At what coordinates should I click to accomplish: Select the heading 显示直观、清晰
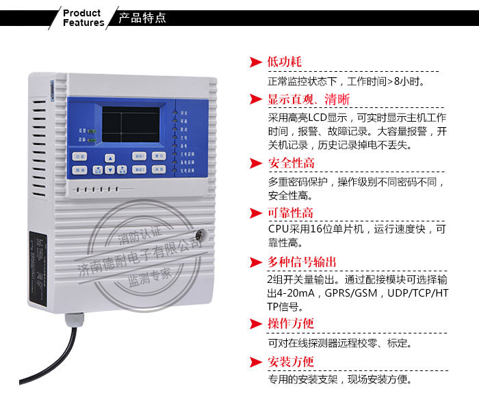pyautogui.click(x=308, y=100)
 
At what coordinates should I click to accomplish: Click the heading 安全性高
pyautogui.click(x=292, y=163)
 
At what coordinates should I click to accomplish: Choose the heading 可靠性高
pyautogui.click(x=292, y=212)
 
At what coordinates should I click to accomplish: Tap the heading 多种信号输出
pyautogui.click(x=302, y=262)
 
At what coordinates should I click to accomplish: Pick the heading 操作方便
pyautogui.click(x=292, y=324)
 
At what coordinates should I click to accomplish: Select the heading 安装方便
pyautogui.click(x=292, y=362)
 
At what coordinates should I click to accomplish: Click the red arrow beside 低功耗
pyautogui.click(x=256, y=63)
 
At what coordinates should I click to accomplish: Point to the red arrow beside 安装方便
pyautogui.click(x=256, y=362)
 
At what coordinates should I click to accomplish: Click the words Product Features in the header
pyautogui.click(x=83, y=18)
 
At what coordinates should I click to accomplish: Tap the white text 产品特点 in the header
pyautogui.click(x=142, y=18)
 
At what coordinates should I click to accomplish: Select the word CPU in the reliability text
pyautogui.click(x=278, y=229)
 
